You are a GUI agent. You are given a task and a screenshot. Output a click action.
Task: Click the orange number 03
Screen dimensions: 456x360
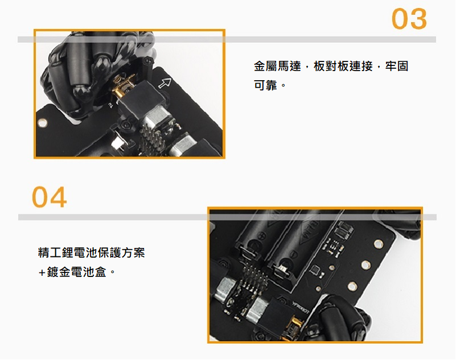point(409,19)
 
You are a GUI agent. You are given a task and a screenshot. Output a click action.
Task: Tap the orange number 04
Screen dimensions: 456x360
point(49,197)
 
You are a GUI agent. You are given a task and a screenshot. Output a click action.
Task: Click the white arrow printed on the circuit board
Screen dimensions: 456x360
point(165,83)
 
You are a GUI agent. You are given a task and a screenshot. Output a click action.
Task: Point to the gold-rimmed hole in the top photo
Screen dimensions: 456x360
point(43,123)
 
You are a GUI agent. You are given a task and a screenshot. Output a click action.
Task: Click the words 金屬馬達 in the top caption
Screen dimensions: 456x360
point(277,66)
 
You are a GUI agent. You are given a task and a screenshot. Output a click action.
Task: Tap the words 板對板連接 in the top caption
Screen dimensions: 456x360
point(343,66)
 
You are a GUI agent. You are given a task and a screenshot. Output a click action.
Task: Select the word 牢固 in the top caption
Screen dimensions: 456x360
point(397,66)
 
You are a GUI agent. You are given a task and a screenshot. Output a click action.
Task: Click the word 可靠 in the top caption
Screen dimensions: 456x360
point(265,85)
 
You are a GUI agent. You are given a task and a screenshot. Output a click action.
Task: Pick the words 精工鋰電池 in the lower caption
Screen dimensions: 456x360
point(68,253)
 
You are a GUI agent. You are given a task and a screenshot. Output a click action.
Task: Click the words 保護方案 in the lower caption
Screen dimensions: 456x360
point(121,253)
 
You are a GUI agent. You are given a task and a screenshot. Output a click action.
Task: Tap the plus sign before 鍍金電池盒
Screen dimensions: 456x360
point(42,273)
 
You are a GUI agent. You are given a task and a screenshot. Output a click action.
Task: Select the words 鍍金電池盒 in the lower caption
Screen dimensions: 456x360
point(76,272)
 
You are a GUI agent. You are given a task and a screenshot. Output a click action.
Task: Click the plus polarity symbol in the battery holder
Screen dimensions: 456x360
point(261,234)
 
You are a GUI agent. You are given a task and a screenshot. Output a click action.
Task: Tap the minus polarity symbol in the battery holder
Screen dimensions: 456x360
point(294,255)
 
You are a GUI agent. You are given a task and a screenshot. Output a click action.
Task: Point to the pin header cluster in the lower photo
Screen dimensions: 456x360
point(252,276)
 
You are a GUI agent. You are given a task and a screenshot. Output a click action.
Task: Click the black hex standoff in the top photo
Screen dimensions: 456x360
point(149,68)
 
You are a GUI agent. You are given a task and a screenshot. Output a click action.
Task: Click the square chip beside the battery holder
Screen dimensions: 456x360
point(315,271)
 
